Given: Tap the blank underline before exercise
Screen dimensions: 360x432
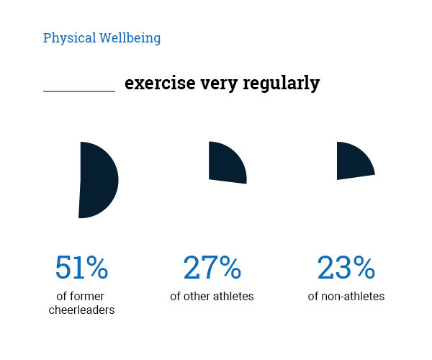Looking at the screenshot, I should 79,90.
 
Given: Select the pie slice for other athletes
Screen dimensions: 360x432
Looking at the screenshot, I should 226,163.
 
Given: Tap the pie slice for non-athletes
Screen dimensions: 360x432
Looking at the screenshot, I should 353,161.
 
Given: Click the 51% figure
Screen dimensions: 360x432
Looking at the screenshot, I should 81,269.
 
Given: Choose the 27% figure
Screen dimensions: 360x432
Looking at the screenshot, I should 212,269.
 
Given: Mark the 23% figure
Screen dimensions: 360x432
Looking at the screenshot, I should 346,269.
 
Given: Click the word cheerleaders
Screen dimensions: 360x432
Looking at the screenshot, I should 81,310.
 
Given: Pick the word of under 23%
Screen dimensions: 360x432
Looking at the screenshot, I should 313,296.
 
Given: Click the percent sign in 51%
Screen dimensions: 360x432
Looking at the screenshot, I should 96,269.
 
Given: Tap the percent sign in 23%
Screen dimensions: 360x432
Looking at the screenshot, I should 364,269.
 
